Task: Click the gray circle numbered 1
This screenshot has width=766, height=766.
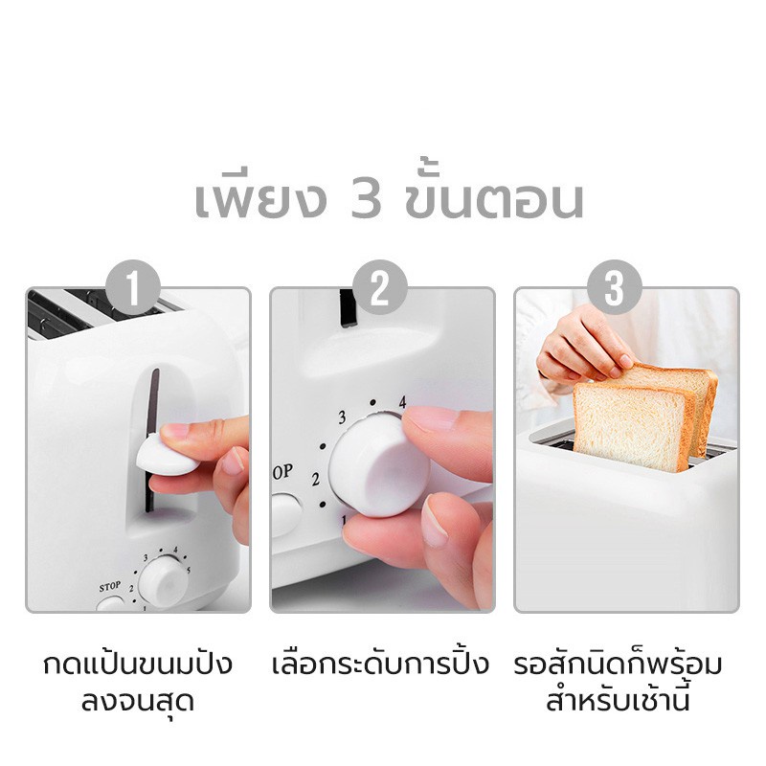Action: (x=133, y=287)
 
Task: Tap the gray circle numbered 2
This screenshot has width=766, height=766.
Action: (x=379, y=287)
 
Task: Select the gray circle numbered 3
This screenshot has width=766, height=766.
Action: (x=615, y=287)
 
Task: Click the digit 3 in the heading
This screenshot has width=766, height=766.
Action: (x=367, y=200)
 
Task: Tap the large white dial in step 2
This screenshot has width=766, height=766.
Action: (x=376, y=464)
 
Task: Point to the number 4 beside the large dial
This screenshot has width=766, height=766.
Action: (x=402, y=402)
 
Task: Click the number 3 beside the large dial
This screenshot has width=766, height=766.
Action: (x=342, y=417)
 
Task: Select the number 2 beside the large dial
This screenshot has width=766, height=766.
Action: (x=316, y=480)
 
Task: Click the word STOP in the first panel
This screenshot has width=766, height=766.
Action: (x=110, y=586)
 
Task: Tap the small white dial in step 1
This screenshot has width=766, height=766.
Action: (x=164, y=581)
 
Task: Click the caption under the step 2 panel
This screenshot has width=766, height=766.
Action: (x=380, y=664)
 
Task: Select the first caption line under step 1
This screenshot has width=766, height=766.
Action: (x=138, y=664)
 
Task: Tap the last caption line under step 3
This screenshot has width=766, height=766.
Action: (x=618, y=700)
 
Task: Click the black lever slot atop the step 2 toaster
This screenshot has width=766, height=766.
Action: (x=347, y=307)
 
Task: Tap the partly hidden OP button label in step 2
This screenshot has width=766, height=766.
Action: (x=282, y=472)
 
